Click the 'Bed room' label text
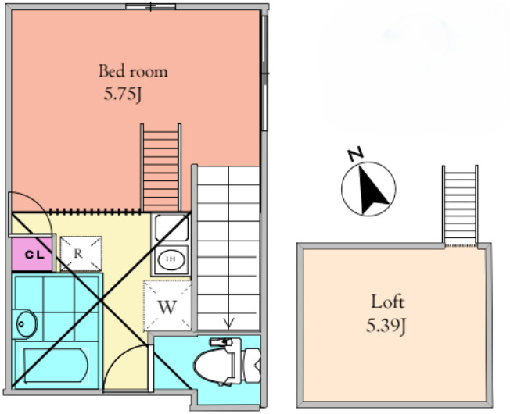(x=133, y=71)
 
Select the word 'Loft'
(x=387, y=301)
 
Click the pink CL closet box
(x=32, y=254)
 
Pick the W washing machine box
(x=167, y=305)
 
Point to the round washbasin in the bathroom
(x=26, y=323)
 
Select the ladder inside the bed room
(x=161, y=167)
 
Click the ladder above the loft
(x=460, y=205)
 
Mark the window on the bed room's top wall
(x=150, y=7)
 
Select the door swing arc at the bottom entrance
(x=125, y=363)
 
